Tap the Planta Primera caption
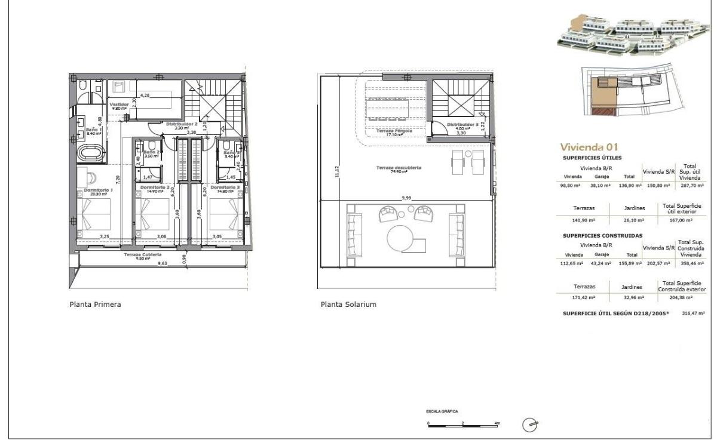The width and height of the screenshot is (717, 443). coord(96,304)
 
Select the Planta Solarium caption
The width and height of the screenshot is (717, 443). coord(348,304)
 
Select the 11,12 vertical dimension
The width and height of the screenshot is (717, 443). coord(338,171)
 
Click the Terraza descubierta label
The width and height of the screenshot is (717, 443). coord(399,168)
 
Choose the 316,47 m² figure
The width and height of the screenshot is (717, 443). coord(693,312)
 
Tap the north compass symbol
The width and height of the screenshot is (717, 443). coord(529,424)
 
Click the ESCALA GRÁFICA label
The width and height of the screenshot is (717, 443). coord(442,411)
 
